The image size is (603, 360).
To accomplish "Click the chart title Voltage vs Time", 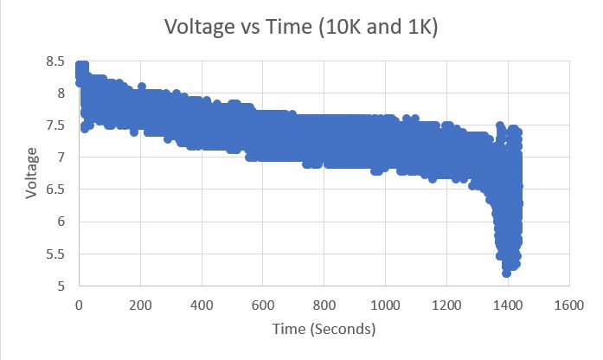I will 301,28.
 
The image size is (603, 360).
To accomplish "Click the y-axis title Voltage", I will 32,173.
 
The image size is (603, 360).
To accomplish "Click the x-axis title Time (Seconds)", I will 324,329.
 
